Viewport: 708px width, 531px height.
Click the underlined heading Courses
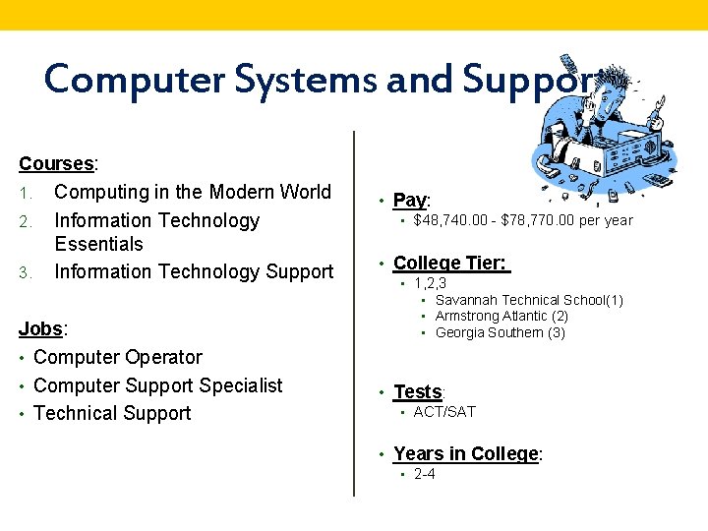pyautogui.click(x=56, y=163)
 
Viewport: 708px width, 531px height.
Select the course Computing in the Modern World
pyautogui.click(x=193, y=192)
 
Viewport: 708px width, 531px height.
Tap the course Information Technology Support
pyautogui.click(x=194, y=271)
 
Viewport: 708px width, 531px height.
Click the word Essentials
pyautogui.click(x=98, y=244)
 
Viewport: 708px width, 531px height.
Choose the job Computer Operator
pyautogui.click(x=118, y=357)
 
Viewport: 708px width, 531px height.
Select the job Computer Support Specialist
pyautogui.click(x=157, y=385)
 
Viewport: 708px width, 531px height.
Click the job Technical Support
pyautogui.click(x=112, y=413)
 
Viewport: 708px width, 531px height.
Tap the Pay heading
pyautogui.click(x=410, y=201)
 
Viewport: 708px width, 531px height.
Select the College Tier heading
pyautogui.click(x=449, y=263)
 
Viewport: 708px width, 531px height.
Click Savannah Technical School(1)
pyautogui.click(x=529, y=300)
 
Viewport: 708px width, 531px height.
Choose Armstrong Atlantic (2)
pyautogui.click(x=501, y=316)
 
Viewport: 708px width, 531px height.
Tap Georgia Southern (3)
pyautogui.click(x=500, y=332)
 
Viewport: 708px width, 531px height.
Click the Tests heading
pyautogui.click(x=417, y=392)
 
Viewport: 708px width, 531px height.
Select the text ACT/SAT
pyautogui.click(x=444, y=412)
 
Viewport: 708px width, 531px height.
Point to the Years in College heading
pyautogui.click(x=466, y=454)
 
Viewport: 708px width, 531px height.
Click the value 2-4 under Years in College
pyautogui.click(x=425, y=474)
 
